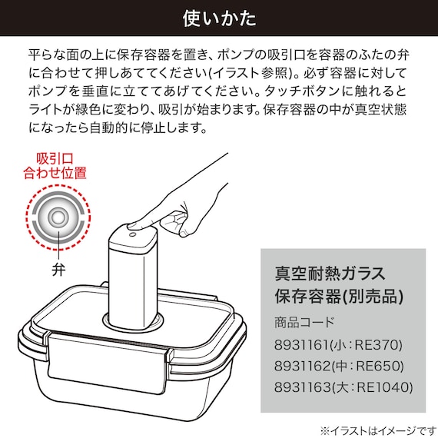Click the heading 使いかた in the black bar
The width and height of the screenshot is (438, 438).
218,18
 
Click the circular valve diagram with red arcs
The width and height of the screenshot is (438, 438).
56,218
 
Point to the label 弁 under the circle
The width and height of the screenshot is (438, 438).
57,270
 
